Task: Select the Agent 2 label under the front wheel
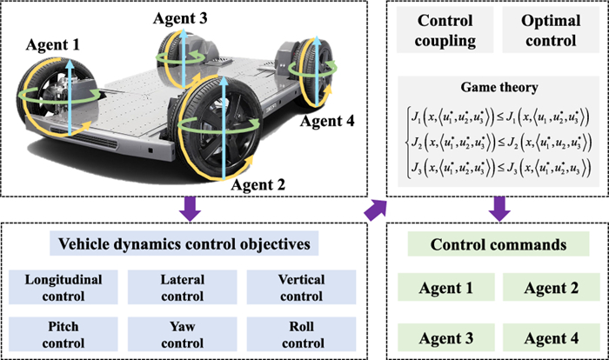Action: click(260, 185)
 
